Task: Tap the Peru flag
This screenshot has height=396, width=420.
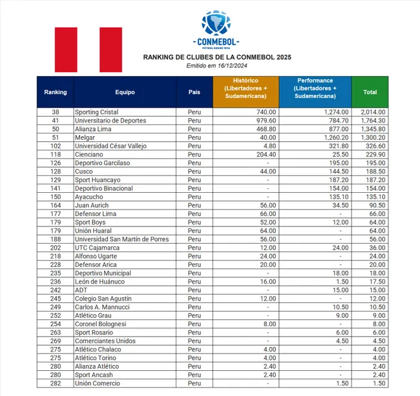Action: click(x=89, y=50)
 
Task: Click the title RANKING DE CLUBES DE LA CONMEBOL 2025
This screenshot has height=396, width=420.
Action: click(x=216, y=57)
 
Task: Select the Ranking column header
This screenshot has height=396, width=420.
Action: click(x=56, y=92)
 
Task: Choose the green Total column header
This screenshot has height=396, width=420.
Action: click(x=370, y=92)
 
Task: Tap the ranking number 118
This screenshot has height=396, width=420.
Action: click(x=56, y=155)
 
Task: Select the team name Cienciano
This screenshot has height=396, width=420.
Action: click(x=89, y=155)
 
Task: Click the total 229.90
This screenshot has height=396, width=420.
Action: click(x=375, y=155)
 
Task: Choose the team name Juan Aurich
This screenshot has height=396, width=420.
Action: click(x=92, y=206)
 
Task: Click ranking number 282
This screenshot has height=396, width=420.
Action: click(x=56, y=383)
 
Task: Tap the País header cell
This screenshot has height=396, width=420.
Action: click(x=194, y=92)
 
